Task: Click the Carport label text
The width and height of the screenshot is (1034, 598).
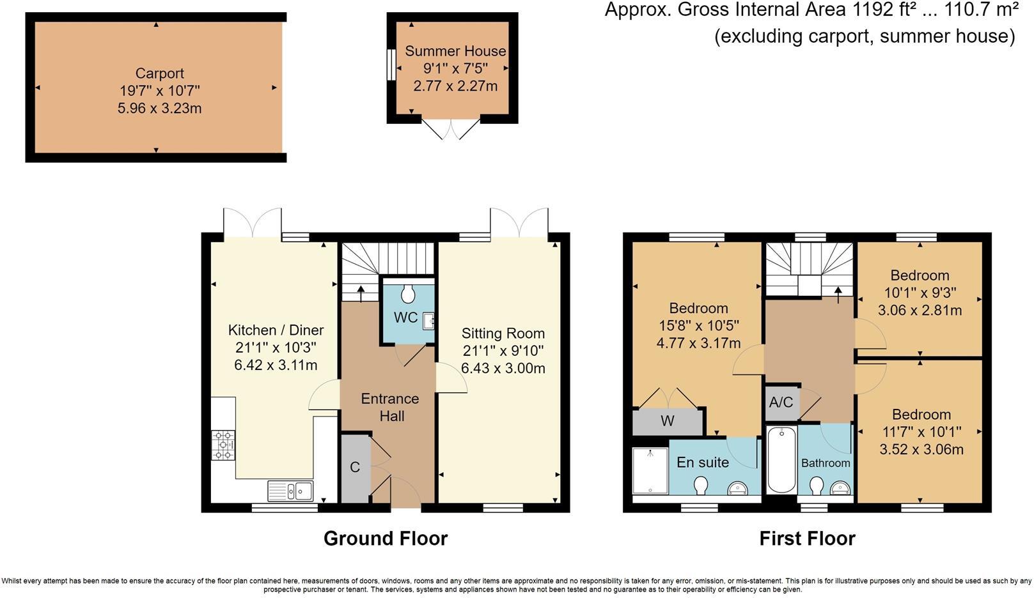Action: point(159,73)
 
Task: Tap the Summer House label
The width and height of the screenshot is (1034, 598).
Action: point(455,51)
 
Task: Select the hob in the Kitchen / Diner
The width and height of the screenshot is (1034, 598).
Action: point(223,445)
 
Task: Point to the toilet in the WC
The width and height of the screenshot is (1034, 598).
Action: point(408,294)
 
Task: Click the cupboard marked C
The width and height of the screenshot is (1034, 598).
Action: point(355,468)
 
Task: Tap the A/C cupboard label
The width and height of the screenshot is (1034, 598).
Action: point(781,402)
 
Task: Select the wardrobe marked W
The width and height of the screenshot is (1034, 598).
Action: point(668,421)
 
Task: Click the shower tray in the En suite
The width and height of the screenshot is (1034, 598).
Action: point(650,470)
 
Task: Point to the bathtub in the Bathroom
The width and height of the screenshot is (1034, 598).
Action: point(781,460)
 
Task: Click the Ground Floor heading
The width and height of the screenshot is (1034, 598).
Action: point(385,539)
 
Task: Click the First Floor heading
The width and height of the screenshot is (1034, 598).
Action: point(807,539)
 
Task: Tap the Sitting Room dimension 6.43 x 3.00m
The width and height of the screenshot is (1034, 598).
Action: point(503,369)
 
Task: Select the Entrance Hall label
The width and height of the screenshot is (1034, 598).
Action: point(390,408)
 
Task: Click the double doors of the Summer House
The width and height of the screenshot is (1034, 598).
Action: point(451,130)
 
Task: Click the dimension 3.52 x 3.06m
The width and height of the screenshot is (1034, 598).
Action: point(921,450)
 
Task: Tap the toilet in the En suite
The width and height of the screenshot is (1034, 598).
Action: point(700,486)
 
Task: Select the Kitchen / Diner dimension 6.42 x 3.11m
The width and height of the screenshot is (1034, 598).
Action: point(276,365)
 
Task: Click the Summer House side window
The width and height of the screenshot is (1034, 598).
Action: point(389,66)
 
